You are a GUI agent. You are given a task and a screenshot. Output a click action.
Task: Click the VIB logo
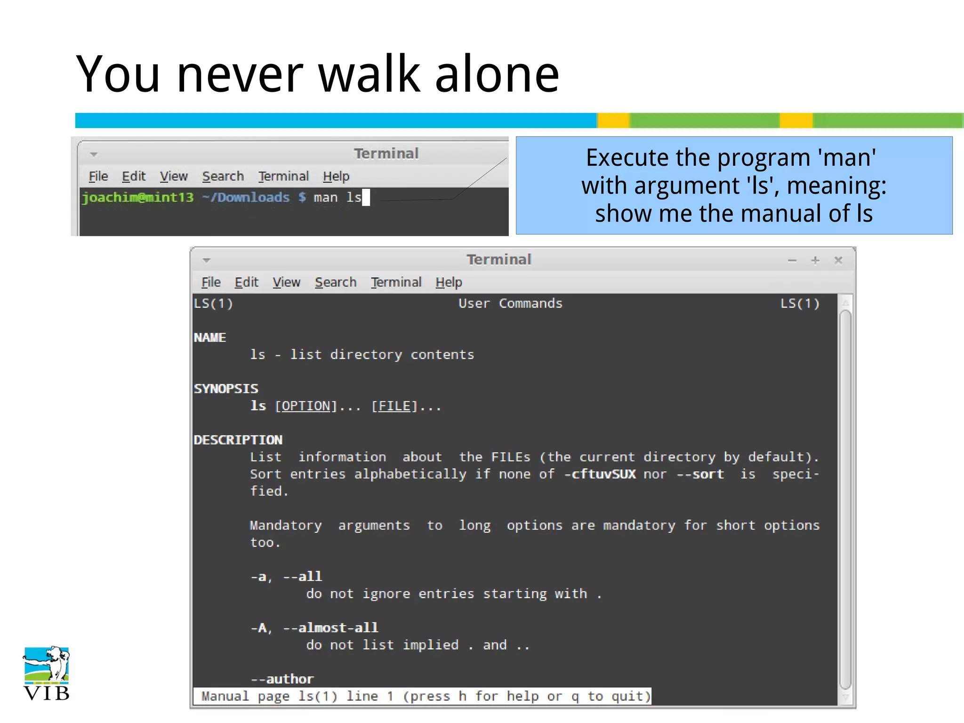click(x=46, y=673)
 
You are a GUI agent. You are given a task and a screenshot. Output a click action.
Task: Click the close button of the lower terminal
click(x=838, y=260)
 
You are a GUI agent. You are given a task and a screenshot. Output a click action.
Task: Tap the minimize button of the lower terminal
click(x=792, y=260)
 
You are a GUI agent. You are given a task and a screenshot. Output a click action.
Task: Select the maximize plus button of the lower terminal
click(x=815, y=260)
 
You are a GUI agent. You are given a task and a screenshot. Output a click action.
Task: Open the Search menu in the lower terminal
click(x=336, y=282)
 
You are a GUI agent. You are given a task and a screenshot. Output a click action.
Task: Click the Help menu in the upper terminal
click(x=336, y=177)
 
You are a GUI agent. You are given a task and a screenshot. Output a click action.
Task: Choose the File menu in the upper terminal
click(x=98, y=177)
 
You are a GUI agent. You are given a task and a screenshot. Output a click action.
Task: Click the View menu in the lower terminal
click(x=286, y=282)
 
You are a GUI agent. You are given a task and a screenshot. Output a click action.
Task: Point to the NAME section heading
click(x=210, y=337)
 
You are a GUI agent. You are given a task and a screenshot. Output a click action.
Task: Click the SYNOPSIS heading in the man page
click(x=226, y=389)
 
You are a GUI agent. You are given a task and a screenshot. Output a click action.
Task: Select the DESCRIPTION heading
click(x=238, y=440)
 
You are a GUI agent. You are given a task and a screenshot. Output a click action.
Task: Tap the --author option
click(x=282, y=679)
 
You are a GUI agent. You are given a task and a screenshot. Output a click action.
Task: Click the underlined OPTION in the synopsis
click(x=306, y=406)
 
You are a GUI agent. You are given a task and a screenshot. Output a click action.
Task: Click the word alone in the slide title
click(x=497, y=74)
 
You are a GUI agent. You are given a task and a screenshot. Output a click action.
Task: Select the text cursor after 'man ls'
click(x=366, y=198)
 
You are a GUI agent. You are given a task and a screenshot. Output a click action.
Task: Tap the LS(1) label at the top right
click(x=800, y=304)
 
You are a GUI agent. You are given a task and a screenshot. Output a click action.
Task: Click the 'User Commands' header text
click(x=510, y=304)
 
